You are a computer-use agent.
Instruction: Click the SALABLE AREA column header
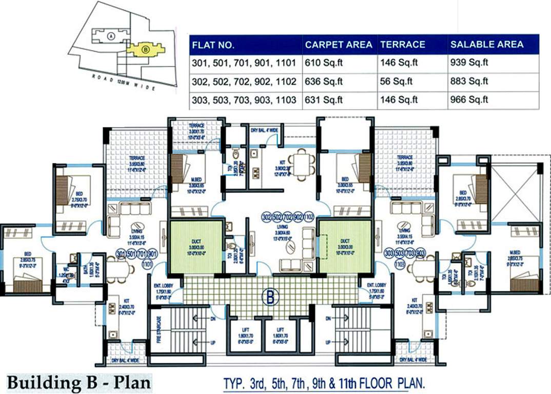point(487,45)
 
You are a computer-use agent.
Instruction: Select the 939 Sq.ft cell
point(469,64)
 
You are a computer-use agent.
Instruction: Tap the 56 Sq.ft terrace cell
point(397,82)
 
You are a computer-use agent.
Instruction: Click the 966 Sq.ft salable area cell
point(469,100)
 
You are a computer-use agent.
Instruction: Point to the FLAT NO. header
point(213,45)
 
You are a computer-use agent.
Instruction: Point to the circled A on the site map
point(111,36)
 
